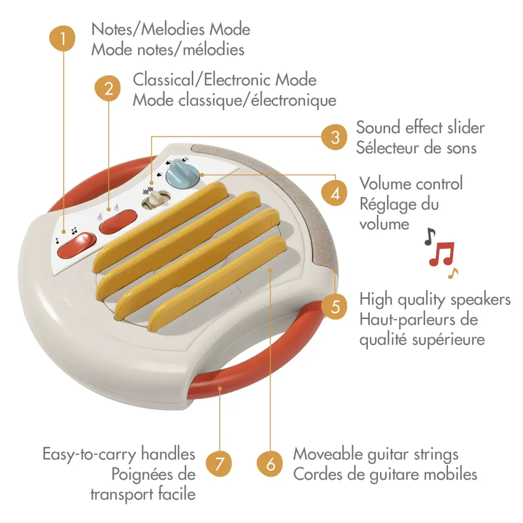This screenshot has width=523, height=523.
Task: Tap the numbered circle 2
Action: click(108, 88)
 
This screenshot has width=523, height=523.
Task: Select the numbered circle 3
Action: click(335, 137)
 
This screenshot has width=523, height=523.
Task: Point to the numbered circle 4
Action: click(335, 193)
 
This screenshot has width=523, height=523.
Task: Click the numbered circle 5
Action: click(335, 306)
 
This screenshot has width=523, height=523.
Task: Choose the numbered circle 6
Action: click(271, 463)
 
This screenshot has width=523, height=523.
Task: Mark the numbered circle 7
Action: click(219, 463)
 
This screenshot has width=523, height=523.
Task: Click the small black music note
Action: click(430, 236)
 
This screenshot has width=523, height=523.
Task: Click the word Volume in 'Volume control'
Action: click(385, 183)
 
